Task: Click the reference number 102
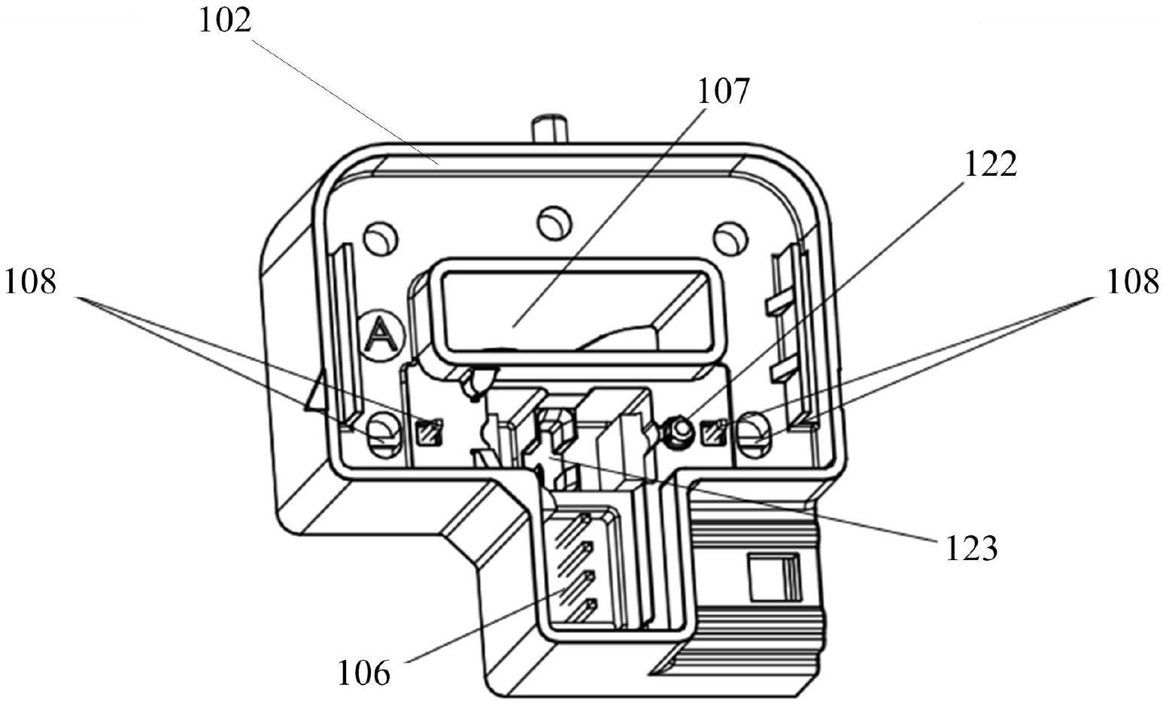point(225,22)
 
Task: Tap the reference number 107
point(723,92)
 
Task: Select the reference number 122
point(991,165)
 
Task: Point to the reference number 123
point(972,548)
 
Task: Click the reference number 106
point(364,673)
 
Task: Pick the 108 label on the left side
point(30,283)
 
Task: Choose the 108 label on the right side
point(1133,283)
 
